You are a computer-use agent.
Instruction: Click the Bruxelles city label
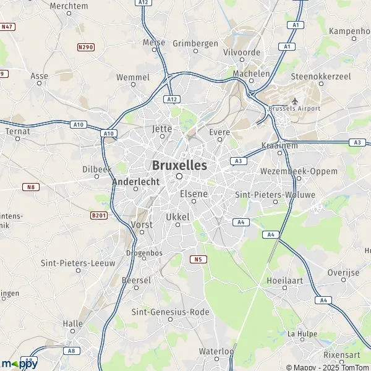179,166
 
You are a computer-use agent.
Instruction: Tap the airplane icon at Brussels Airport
295,101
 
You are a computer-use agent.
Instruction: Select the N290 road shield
85,46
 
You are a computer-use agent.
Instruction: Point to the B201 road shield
99,215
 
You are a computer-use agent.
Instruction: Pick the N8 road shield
30,187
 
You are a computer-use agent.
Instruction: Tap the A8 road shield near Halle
72,350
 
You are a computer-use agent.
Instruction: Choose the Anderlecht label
136,182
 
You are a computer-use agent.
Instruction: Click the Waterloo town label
216,351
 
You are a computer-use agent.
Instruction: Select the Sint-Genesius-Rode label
158,312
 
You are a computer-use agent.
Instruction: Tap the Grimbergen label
195,43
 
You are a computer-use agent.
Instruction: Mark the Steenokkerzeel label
322,77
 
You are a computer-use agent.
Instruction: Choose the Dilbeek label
96,168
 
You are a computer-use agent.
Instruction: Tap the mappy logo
19,364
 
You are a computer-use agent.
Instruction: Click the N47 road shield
7,27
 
